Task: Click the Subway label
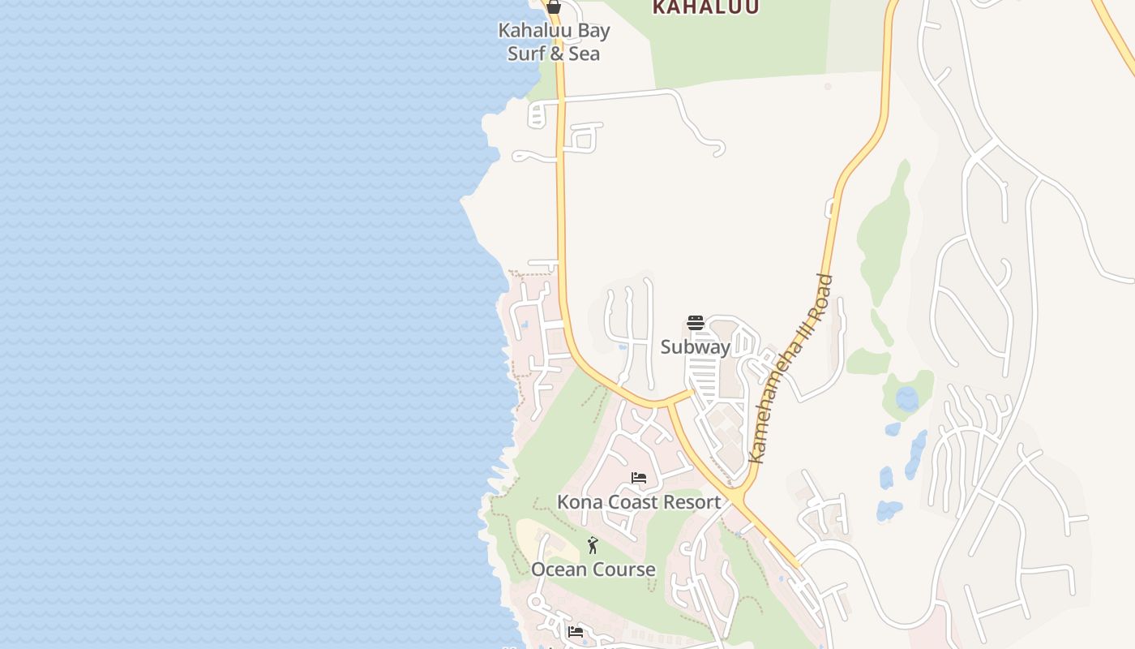coord(695,347)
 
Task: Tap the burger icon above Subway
coord(695,323)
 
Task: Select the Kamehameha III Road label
coord(790,369)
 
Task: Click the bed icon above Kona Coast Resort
coord(639,478)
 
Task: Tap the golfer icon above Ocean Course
coord(593,545)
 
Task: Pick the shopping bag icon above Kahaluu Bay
coord(554,7)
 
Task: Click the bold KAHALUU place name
coord(706,7)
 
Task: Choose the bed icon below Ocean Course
coord(575,631)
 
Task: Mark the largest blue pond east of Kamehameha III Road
coord(906,398)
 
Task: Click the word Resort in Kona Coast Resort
coord(688,502)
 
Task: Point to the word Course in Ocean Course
coord(623,569)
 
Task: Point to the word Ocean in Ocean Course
coord(559,569)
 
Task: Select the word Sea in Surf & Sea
coord(584,54)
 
